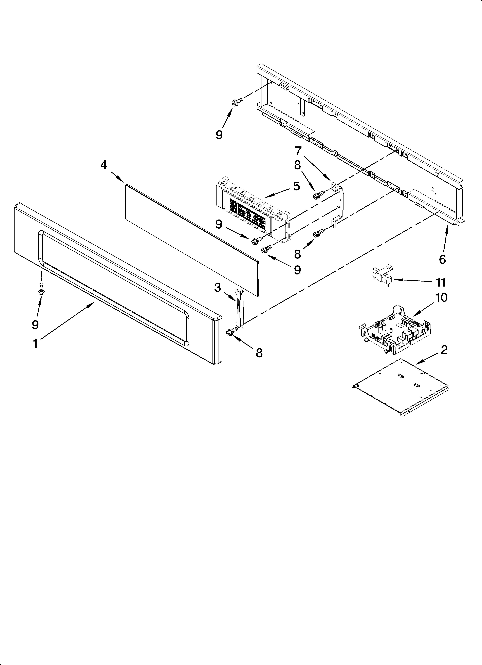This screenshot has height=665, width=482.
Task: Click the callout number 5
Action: [296, 186]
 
